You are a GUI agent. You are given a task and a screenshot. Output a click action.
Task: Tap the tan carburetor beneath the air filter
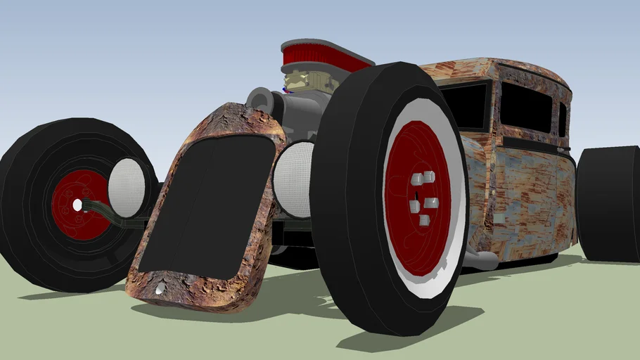pyautogui.click(x=304, y=81)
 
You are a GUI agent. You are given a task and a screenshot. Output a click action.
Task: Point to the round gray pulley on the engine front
pyautogui.click(x=260, y=99)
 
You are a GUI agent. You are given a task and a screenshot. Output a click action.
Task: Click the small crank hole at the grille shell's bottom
pyautogui.click(x=162, y=289)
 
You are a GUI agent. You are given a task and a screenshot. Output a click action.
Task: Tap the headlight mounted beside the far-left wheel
pyautogui.click(x=127, y=186)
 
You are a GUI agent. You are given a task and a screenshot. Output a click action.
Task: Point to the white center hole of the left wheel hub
pyautogui.click(x=77, y=205)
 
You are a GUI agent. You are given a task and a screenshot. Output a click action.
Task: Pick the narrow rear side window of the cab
pyautogui.click(x=562, y=120)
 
